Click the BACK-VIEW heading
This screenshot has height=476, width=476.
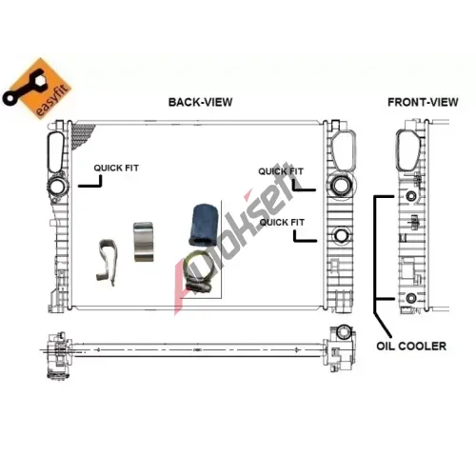pos(200,102)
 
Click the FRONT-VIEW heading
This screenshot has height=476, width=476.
pos(423,102)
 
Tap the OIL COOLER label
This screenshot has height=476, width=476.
pos(411,346)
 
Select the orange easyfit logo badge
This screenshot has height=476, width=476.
pos(37,89)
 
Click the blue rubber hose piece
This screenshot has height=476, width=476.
pos(203,226)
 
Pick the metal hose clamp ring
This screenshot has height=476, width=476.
pos(197,273)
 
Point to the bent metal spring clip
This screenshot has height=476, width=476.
pos(107,262)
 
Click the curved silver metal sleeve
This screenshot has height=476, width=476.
pos(144,242)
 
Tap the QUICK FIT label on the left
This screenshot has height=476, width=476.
pos(116,168)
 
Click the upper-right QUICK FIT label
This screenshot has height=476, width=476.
pos(281,171)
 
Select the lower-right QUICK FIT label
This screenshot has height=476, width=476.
pos(282,222)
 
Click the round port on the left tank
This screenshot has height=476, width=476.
pos(57,187)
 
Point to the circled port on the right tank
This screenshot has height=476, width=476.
pos(340,185)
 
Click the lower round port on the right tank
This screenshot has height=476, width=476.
pos(341,235)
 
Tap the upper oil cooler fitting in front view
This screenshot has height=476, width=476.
pos(411,196)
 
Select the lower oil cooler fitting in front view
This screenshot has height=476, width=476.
pos(411,298)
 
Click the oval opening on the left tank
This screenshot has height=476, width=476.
pos(56,152)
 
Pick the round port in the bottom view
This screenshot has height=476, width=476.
pos(344,332)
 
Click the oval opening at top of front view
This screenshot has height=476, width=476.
pos(408,151)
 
